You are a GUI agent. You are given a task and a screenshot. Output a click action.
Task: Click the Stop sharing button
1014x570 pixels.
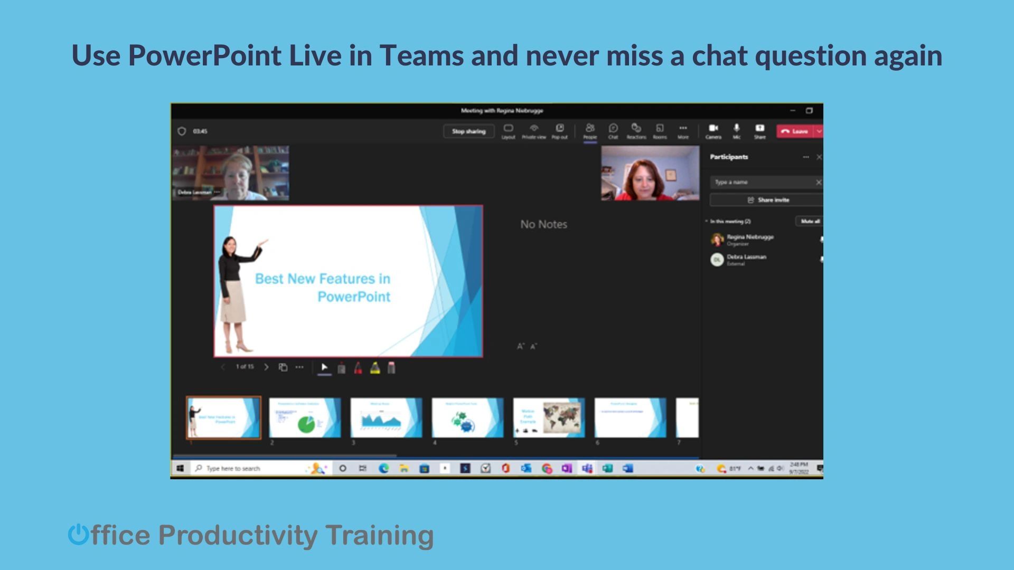pos(468,131)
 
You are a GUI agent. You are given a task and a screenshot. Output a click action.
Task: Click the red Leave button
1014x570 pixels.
pos(795,131)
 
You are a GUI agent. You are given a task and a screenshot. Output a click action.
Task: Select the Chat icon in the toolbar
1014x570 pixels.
pos(613,130)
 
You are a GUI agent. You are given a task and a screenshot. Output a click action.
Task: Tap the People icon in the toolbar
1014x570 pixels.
pos(590,130)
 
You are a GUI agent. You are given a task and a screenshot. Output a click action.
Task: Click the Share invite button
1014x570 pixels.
pos(768,200)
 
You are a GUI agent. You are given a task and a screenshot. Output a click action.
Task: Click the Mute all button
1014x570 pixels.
pos(809,222)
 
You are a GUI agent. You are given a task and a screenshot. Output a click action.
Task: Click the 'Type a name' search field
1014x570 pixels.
pos(760,182)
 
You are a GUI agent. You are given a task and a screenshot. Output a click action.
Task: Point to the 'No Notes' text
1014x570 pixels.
pos(543,224)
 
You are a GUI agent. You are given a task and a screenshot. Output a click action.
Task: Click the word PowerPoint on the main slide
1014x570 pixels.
pos(354,297)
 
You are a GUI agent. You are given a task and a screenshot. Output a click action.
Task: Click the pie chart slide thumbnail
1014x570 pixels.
pos(305,418)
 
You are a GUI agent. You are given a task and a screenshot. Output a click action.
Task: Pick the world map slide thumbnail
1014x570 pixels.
pos(549,418)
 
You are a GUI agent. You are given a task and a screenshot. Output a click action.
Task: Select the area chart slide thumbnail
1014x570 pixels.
pos(386,418)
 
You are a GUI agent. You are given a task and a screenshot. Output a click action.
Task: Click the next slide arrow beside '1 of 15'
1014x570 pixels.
pos(266,367)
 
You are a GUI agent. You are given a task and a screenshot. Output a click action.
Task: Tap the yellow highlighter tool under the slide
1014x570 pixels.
pos(375,368)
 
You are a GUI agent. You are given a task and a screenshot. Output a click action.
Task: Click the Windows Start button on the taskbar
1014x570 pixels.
pos(180,468)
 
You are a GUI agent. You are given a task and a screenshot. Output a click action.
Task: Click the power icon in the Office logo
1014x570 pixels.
pos(78,535)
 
